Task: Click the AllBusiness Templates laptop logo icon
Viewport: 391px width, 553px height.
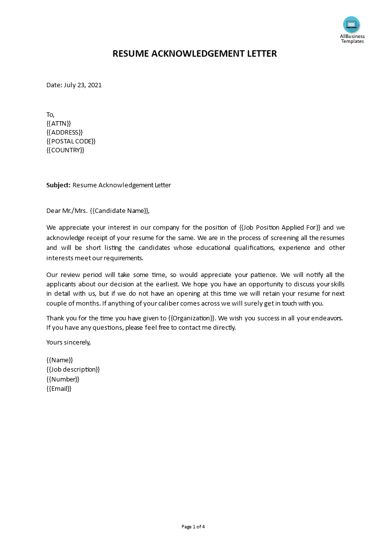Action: (x=352, y=24)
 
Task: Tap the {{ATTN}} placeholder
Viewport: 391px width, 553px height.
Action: (x=59, y=123)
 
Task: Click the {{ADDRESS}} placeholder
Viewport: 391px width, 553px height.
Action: (x=65, y=132)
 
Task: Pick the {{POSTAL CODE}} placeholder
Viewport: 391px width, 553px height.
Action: (x=71, y=141)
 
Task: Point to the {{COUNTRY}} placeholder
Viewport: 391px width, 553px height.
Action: (x=66, y=150)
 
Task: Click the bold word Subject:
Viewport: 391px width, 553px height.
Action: (x=59, y=185)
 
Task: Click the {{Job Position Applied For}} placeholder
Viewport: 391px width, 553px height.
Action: (x=280, y=228)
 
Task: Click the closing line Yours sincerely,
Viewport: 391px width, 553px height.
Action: (x=69, y=342)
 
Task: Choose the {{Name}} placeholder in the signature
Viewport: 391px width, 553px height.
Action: (x=60, y=360)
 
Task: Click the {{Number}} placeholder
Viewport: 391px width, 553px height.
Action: (x=63, y=379)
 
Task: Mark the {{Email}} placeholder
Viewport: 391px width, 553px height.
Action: (x=59, y=388)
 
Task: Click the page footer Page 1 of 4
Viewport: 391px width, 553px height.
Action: (x=193, y=527)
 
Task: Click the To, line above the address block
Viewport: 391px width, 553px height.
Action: (x=51, y=114)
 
